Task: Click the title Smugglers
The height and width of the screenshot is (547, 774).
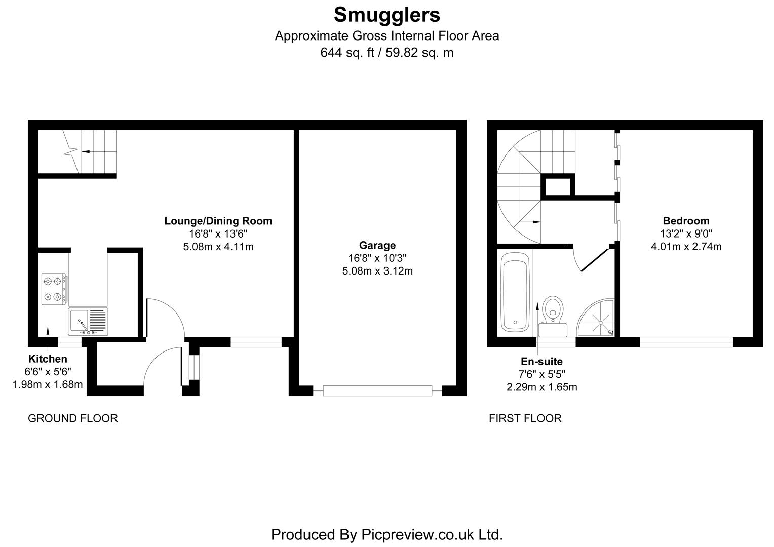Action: [386, 15]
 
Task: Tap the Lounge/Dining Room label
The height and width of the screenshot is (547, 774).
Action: [218, 221]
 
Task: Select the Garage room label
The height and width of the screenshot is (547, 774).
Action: [377, 245]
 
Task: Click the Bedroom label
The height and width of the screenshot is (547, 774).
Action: [686, 221]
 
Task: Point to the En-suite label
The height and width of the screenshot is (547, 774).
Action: [541, 362]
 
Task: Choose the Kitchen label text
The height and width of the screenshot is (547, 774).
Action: [48, 359]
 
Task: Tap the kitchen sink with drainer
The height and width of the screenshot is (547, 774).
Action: [89, 322]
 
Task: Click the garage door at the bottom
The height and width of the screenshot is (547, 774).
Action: [377, 390]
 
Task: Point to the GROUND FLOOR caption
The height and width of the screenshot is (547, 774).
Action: [72, 418]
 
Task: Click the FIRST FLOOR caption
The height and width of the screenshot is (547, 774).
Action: [525, 418]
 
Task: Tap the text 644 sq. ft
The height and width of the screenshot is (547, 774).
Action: [346, 52]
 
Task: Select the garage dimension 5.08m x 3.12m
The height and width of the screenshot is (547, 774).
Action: [377, 271]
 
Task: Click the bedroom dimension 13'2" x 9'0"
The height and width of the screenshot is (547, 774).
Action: [686, 233]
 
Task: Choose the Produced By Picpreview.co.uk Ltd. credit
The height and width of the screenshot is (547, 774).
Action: [386, 534]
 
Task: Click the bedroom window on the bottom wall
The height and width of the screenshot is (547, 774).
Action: [686, 342]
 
